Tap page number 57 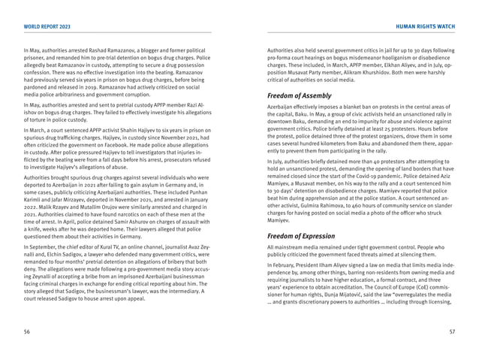point(451,331)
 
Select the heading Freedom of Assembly point(302,96)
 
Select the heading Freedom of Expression point(304,236)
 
